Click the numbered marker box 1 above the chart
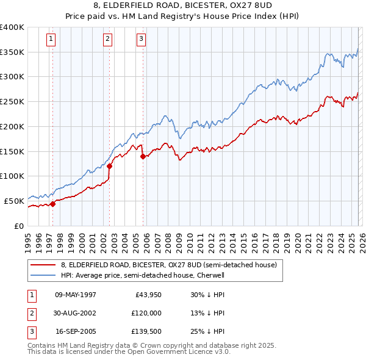51,40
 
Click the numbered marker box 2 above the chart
107,40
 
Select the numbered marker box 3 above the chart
141,40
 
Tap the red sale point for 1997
52,204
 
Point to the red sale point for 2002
110,166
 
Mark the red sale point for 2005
143,156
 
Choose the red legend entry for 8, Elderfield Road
168,265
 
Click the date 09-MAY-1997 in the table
76,295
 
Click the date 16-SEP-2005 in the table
76,331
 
